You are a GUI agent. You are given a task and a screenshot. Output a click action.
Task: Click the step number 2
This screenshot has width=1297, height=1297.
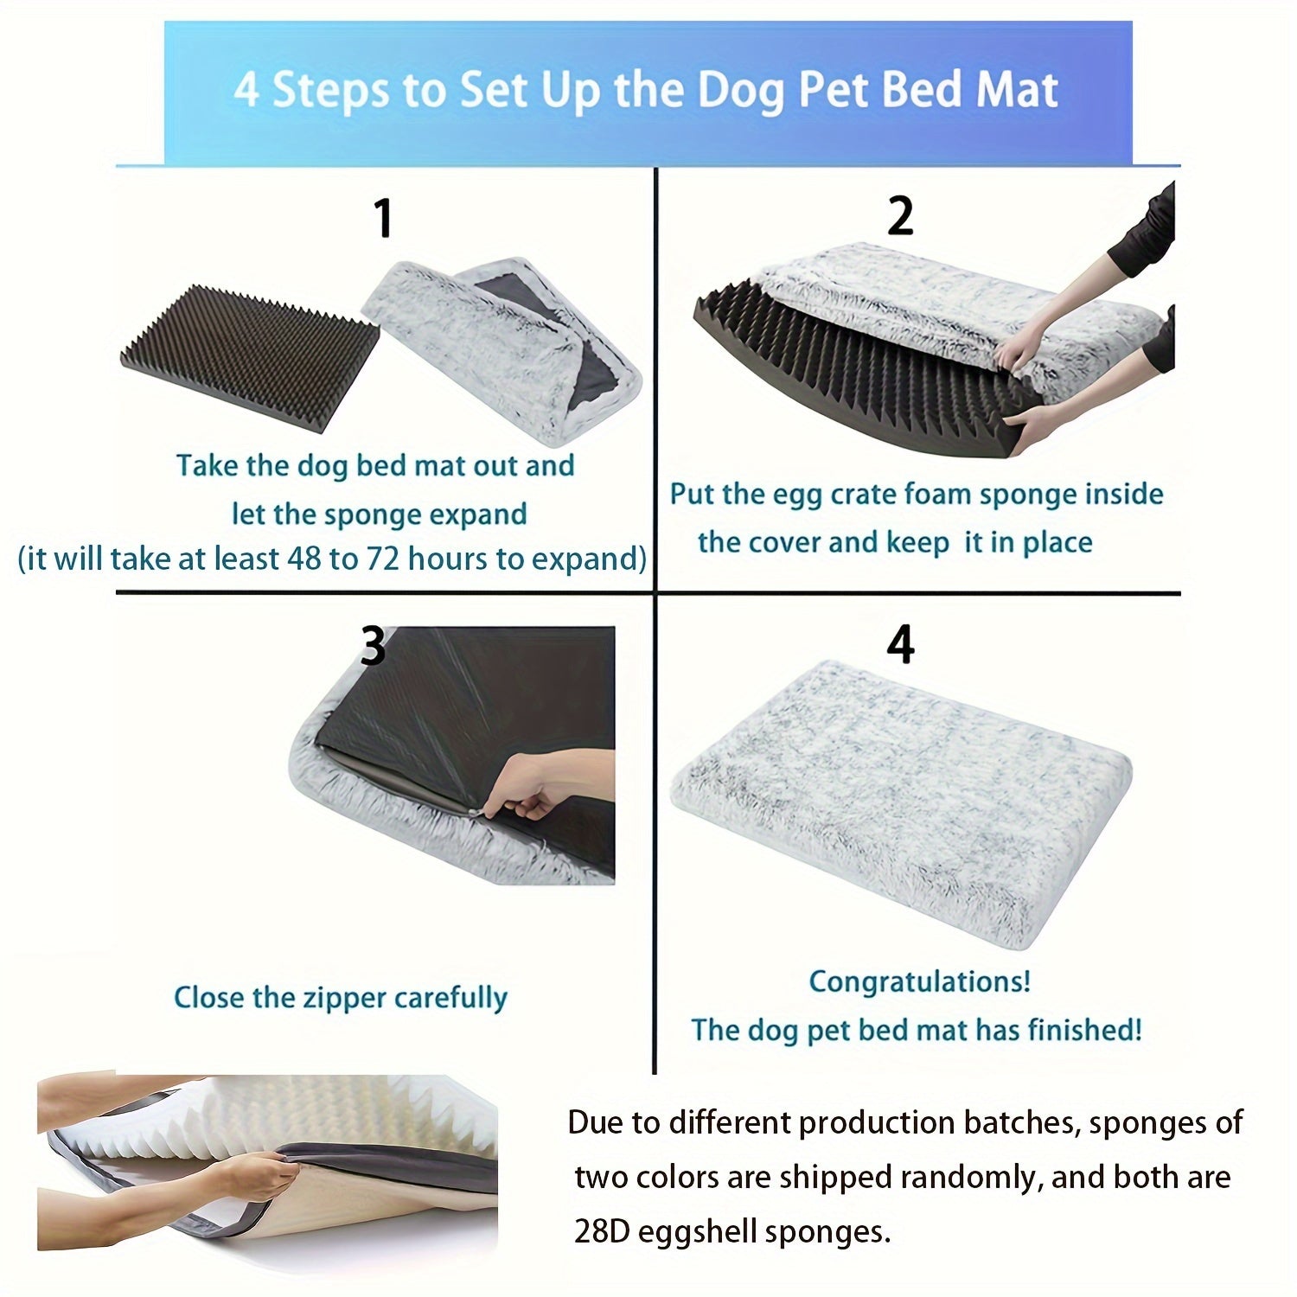pyautogui.click(x=900, y=216)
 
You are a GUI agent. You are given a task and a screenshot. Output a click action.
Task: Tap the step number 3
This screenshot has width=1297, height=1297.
pyautogui.click(x=373, y=646)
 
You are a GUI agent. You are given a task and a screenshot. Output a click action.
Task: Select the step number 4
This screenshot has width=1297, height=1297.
pyautogui.click(x=900, y=645)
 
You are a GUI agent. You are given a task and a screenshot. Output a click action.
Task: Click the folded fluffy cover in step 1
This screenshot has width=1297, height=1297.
pyautogui.click(x=502, y=337)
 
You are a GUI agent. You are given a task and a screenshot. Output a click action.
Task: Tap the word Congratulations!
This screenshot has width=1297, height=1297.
pyautogui.click(x=919, y=981)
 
